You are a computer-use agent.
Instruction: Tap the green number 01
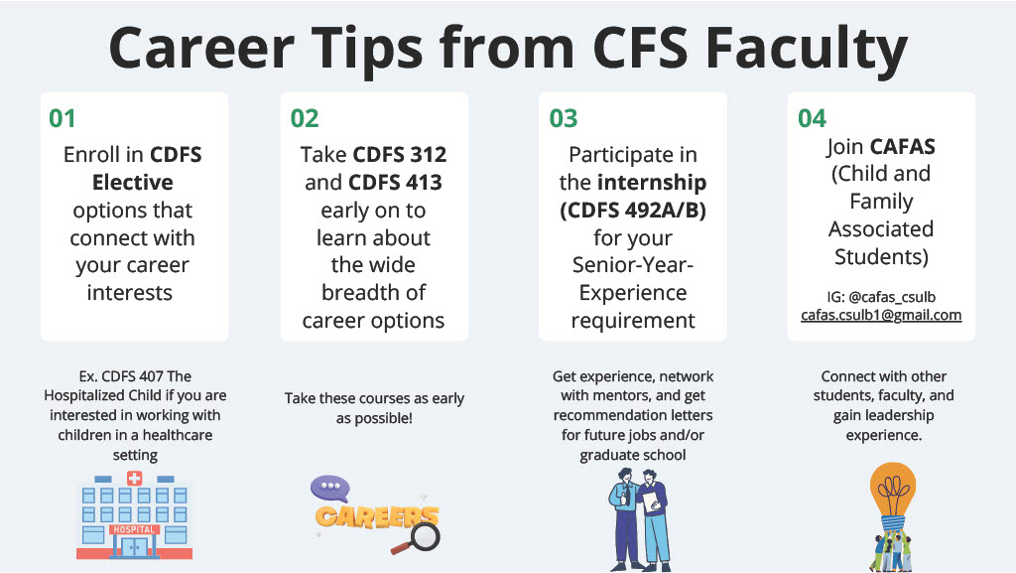coord(63,119)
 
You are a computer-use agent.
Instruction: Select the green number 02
coord(305,119)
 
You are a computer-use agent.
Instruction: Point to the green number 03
coord(564,119)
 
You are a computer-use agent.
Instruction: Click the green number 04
coord(812,119)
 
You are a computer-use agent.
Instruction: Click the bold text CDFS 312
coord(400,155)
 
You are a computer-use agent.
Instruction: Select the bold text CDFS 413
coord(395,183)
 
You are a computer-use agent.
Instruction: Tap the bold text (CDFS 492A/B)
coord(632,211)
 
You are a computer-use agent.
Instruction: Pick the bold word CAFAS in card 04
coord(903,147)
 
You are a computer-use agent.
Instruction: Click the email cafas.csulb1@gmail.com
coord(881,315)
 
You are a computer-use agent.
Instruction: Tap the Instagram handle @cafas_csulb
coord(890,297)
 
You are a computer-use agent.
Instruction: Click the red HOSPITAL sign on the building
coord(134,529)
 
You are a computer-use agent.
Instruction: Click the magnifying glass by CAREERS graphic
coord(424,537)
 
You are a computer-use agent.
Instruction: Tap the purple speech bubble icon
coord(329,489)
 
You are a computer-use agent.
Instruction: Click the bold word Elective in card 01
coord(133,183)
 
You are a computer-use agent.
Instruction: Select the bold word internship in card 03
coord(651,183)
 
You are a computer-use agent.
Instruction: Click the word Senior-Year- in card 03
coord(632,265)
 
